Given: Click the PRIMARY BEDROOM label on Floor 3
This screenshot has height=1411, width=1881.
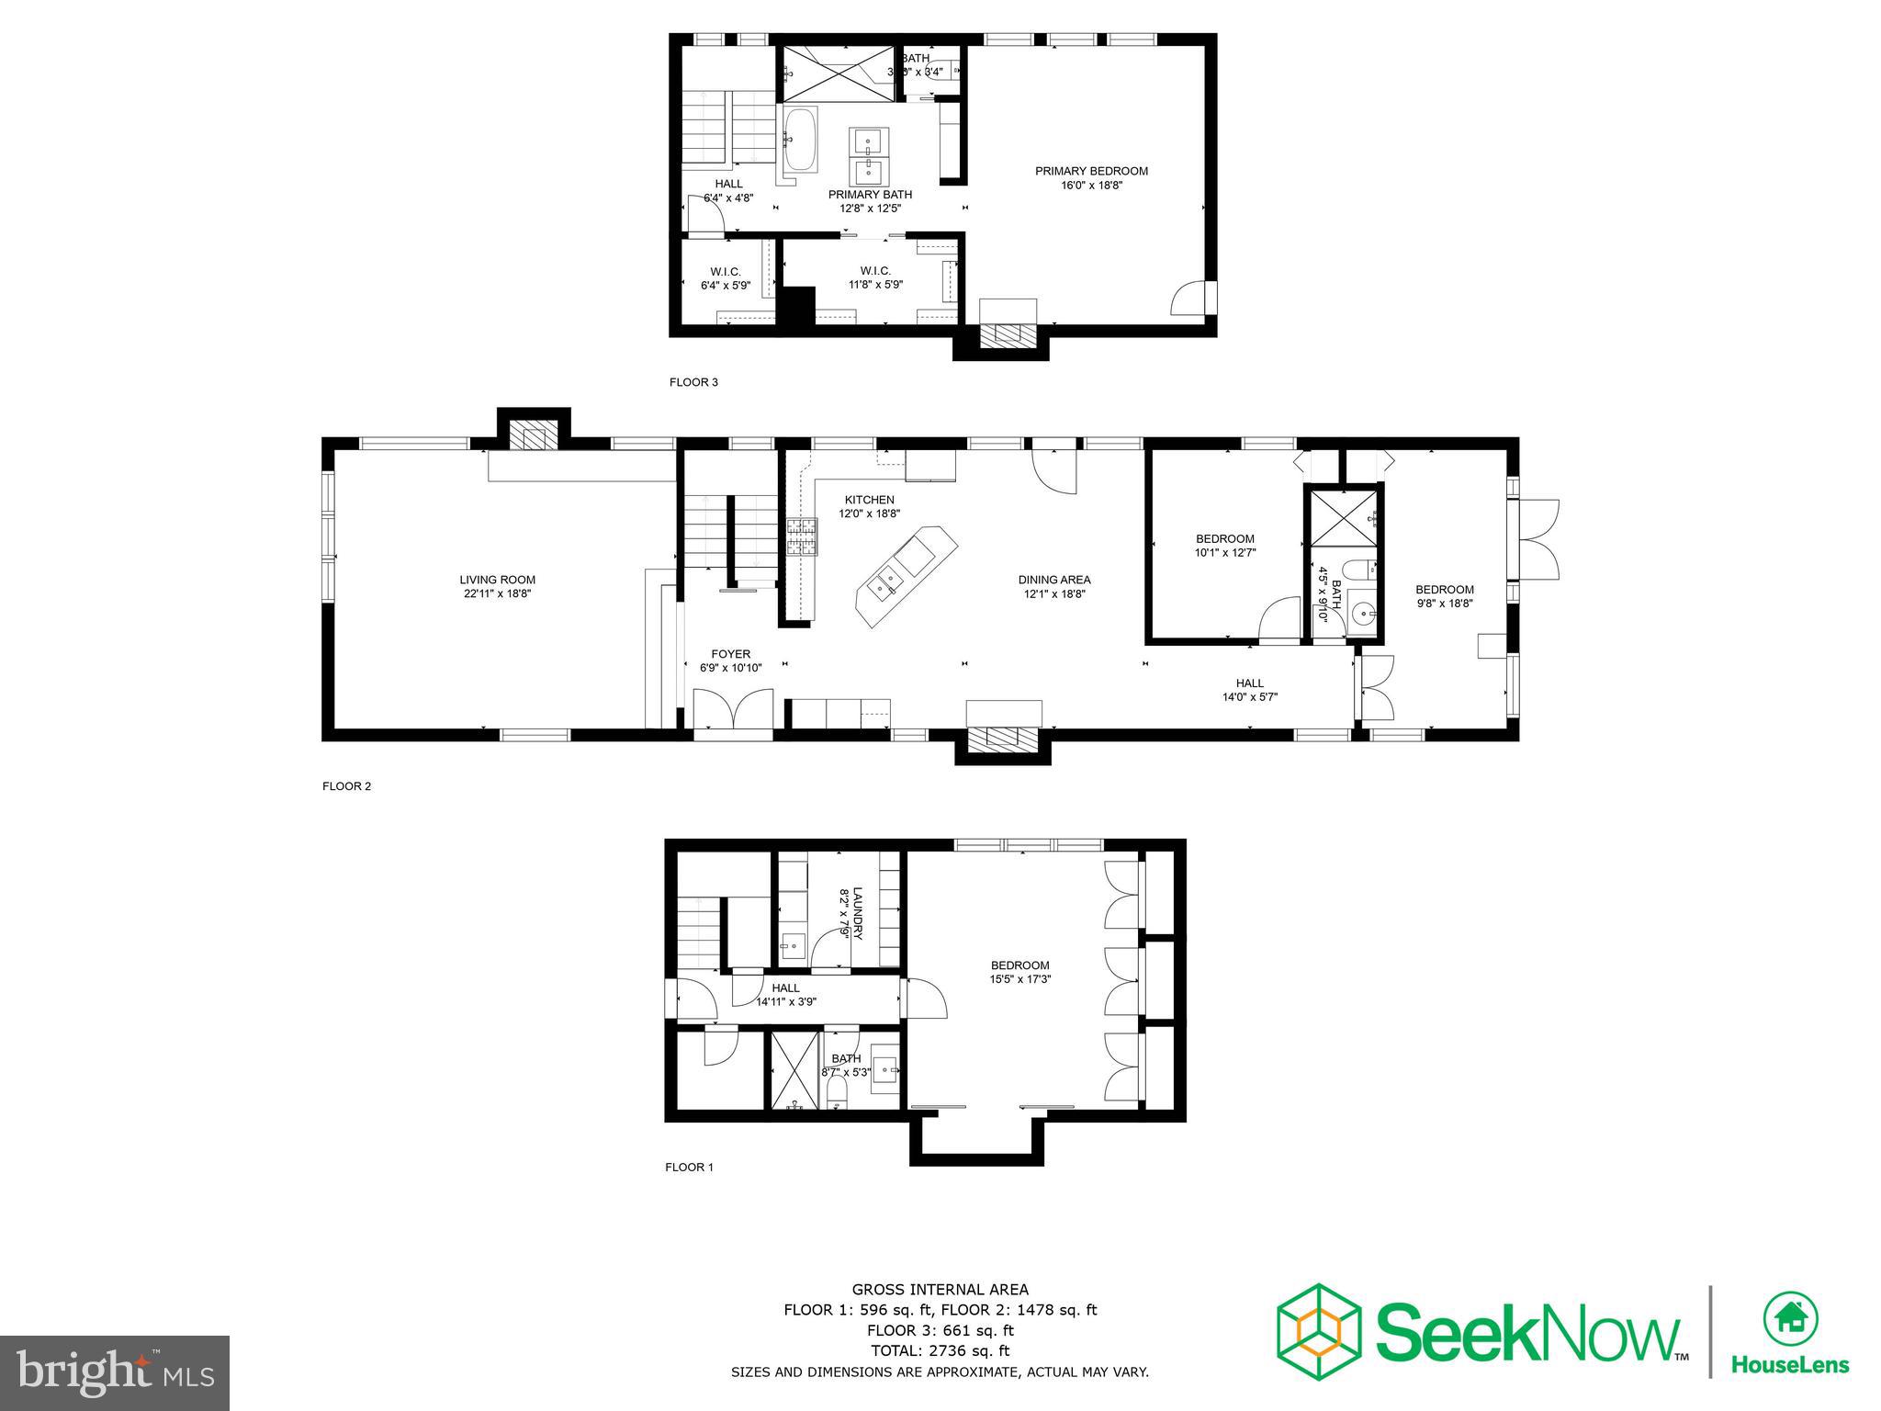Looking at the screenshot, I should click(x=1091, y=171).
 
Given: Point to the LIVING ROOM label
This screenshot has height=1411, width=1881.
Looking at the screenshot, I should click(x=497, y=580).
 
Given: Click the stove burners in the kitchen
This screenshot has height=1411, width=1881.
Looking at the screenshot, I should click(x=801, y=536).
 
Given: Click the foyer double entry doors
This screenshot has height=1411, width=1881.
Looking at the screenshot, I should click(x=732, y=713).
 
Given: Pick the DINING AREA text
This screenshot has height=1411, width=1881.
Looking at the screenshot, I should click(x=1053, y=580).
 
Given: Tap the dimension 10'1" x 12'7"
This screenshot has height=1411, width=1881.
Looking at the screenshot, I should click(x=1224, y=553).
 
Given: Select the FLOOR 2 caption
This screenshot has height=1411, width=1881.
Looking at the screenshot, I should click(x=346, y=786).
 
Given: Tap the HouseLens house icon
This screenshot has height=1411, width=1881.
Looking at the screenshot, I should click(x=1790, y=1319).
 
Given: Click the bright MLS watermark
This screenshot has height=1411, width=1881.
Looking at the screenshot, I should click(x=115, y=1373).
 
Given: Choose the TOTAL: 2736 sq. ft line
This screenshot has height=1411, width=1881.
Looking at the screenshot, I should click(x=940, y=1350).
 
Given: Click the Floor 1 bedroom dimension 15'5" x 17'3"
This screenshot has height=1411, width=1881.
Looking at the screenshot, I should click(x=1019, y=979).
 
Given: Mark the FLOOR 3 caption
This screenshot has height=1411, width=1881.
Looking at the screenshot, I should click(x=693, y=382).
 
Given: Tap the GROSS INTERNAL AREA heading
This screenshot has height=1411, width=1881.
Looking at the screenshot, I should click(x=940, y=1290).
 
